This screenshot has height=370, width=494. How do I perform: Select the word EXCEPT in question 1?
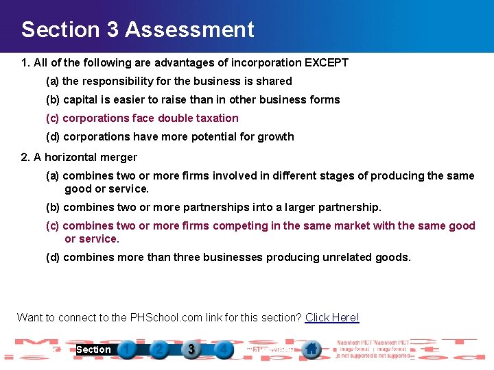[327, 62]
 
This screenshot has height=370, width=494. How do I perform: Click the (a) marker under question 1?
[52, 81]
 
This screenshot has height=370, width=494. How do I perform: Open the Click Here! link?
[332, 317]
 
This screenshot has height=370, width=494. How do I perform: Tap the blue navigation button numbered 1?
[127, 349]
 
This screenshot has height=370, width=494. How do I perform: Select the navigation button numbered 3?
[191, 349]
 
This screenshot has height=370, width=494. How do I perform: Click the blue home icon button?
[311, 349]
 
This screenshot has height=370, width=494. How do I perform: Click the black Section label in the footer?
[93, 349]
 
